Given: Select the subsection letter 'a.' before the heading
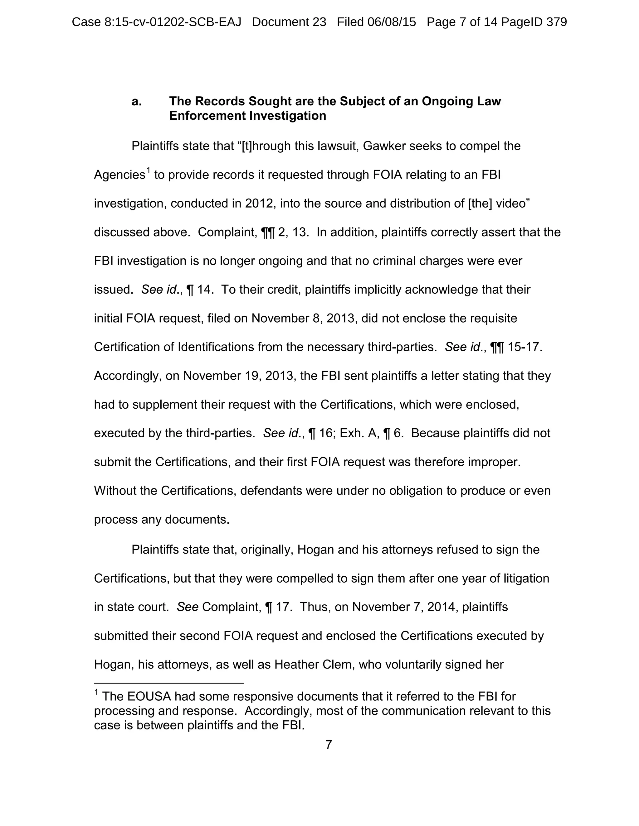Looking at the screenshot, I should [137, 101].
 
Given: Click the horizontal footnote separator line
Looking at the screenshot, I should [169, 684].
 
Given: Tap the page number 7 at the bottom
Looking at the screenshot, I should [329, 745].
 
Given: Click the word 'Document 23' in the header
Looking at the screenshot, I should [289, 22].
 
